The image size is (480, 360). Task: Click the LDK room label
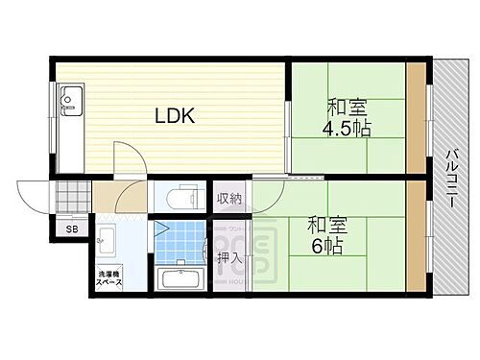(176, 116)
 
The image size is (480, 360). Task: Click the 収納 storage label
(228, 200)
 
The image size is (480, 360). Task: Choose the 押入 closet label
(228, 257)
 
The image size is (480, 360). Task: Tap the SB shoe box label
(71, 229)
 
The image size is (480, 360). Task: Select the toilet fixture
(180, 198)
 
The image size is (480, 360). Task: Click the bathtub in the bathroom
(180, 279)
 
